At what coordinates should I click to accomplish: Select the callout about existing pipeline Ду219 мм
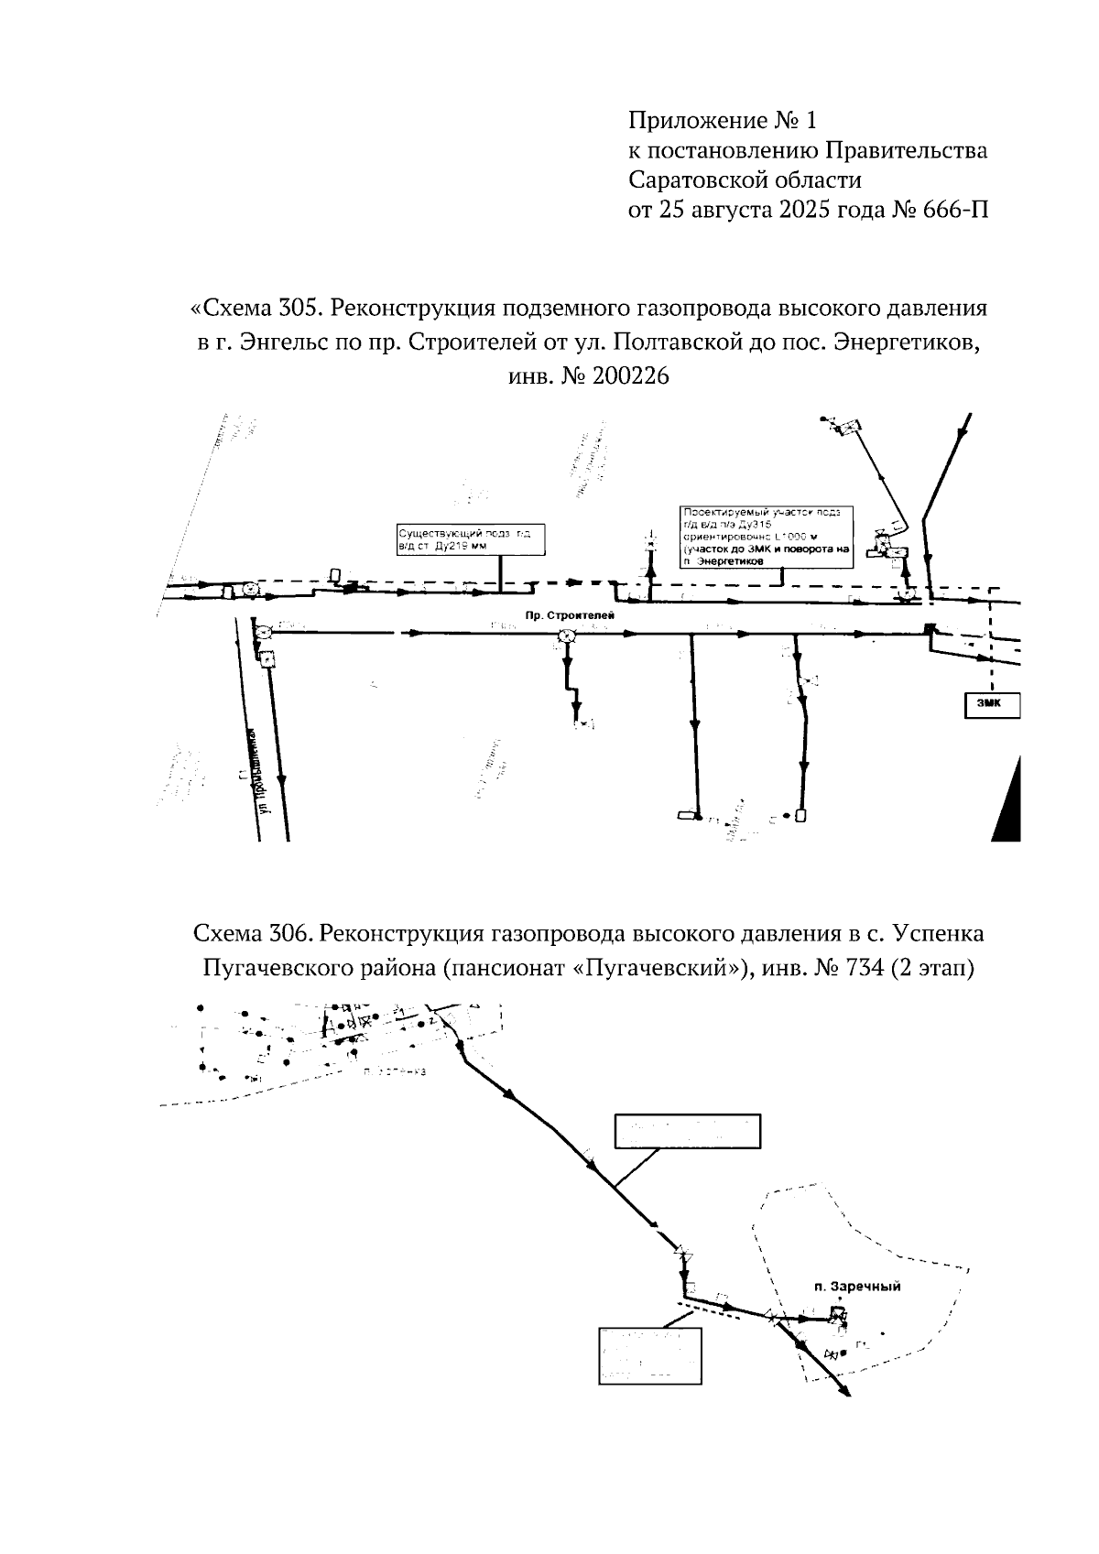[x=469, y=539]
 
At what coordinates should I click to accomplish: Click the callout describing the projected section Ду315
[x=767, y=536]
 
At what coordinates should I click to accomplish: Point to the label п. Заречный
[x=857, y=1287]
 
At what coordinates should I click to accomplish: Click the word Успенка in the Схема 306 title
[x=940, y=934]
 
